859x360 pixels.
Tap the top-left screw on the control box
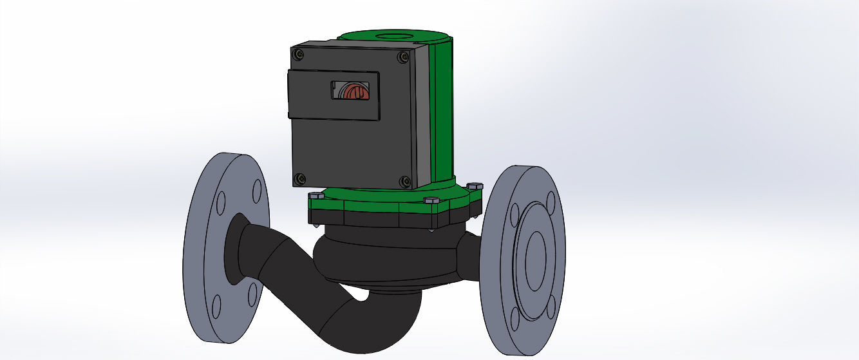pos(298,55)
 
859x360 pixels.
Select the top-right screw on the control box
pos(404,57)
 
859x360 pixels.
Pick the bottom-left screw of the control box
pos(299,178)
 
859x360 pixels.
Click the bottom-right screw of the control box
pos(405,182)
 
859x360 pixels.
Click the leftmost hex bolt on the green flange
pos(316,195)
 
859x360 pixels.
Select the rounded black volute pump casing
pos(386,258)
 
